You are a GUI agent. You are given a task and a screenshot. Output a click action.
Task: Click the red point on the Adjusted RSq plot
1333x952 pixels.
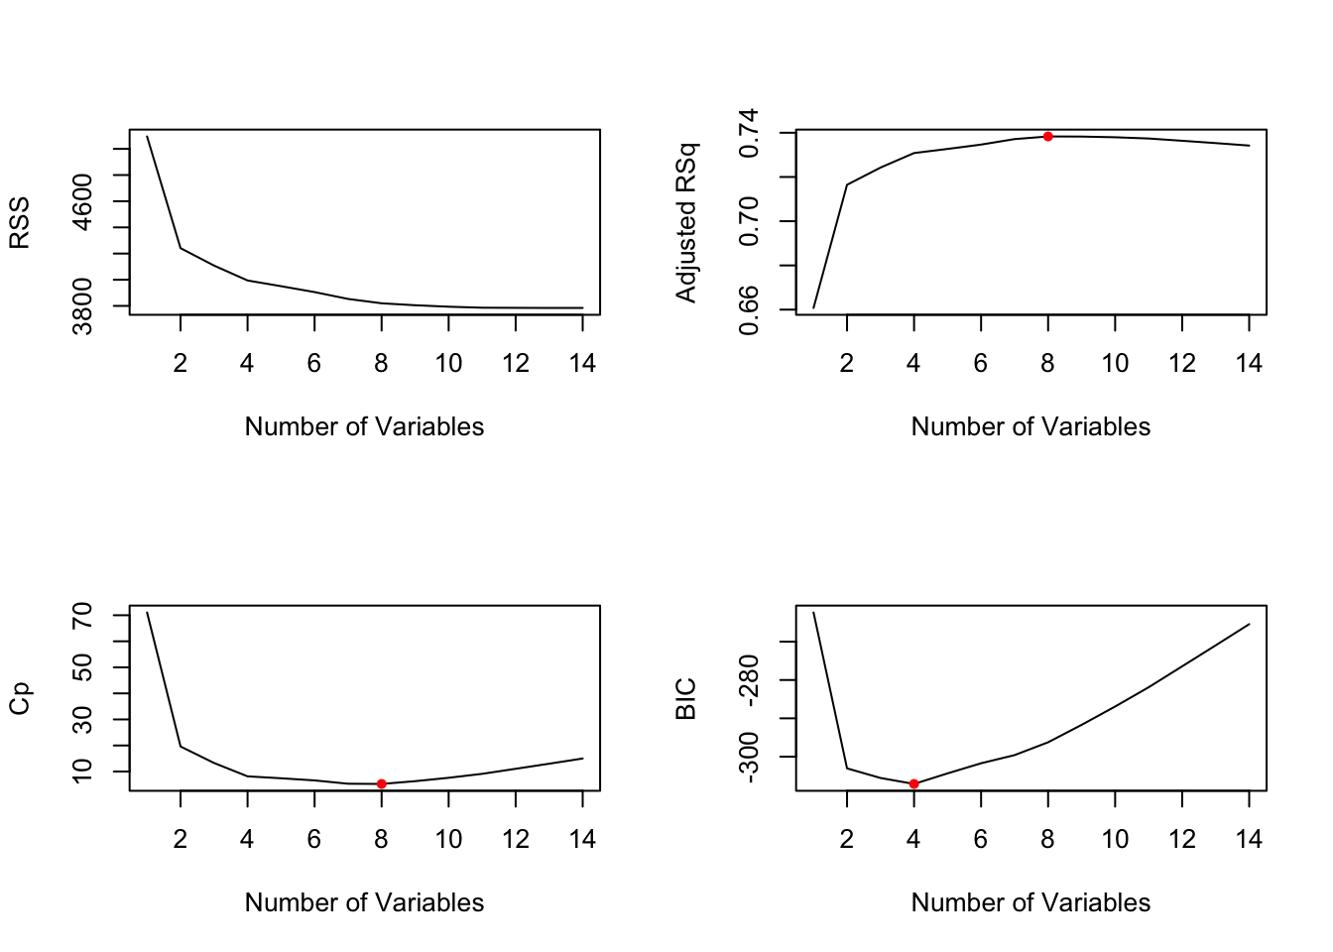(1047, 136)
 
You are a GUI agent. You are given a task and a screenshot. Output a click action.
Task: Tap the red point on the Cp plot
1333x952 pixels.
(381, 783)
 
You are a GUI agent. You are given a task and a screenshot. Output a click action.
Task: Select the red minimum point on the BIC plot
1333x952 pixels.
(913, 783)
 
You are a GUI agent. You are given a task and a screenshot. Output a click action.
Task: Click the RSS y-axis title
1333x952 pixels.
(20, 222)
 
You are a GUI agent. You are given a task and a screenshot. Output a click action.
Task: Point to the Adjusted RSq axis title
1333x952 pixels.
(685, 222)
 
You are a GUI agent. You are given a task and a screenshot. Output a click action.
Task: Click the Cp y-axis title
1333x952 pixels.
(20, 698)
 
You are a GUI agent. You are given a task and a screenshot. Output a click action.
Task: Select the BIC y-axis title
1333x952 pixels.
(685, 698)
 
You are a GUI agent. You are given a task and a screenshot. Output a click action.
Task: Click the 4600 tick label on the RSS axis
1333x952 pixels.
(82, 201)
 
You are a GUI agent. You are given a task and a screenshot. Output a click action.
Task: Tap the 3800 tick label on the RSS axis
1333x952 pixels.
(82, 306)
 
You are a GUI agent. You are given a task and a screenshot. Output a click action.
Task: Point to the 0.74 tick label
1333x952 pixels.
(749, 133)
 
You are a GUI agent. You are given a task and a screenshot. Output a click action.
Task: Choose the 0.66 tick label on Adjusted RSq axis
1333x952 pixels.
(749, 309)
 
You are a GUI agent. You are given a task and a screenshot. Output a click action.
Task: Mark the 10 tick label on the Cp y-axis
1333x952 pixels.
(82, 771)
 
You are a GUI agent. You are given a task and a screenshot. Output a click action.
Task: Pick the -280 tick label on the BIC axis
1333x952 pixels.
(749, 680)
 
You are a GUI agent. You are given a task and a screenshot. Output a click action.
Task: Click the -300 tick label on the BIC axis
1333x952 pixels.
(749, 757)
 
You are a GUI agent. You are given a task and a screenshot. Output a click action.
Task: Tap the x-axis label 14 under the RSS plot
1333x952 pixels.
(582, 364)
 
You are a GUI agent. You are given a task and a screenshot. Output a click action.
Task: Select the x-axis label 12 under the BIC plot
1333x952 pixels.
(1182, 840)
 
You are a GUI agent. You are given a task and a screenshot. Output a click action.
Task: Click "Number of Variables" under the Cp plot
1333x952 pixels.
(364, 902)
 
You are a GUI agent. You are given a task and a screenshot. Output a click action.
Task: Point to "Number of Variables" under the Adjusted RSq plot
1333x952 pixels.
(1030, 426)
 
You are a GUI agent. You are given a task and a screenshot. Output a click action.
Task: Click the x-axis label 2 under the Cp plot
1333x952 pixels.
(181, 840)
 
